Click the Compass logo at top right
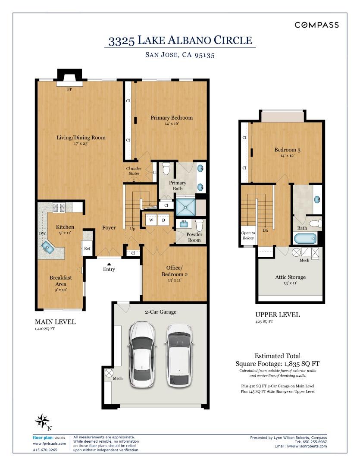tap(316, 25)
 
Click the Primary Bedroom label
tap(171, 118)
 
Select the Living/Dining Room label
tap(81, 138)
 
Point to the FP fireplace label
tap(69, 90)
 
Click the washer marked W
tap(151, 220)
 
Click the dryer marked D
tap(163, 220)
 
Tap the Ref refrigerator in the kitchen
tap(87, 248)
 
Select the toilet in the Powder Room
tap(199, 225)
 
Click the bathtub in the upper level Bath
tap(305, 239)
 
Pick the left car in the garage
tap(143, 354)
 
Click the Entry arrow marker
tap(109, 264)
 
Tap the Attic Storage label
tap(290, 277)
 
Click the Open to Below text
tap(248, 236)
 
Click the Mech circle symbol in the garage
tap(109, 372)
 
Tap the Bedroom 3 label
tap(287, 150)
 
